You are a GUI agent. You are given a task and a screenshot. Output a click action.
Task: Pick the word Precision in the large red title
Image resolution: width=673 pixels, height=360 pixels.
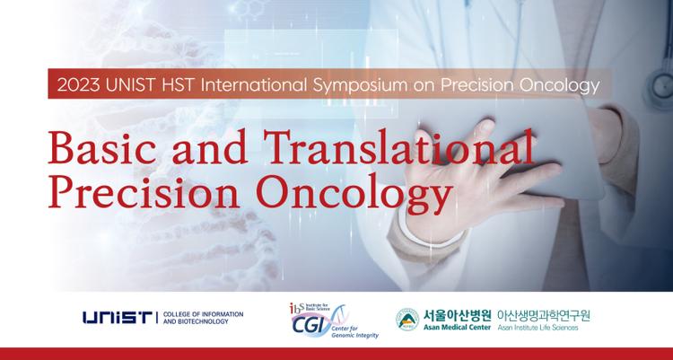pos(143,192)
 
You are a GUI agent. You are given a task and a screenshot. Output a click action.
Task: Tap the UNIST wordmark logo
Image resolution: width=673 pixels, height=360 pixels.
pos(118,318)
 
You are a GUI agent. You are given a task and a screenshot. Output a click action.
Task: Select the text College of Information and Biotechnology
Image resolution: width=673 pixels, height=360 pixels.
pos(205,318)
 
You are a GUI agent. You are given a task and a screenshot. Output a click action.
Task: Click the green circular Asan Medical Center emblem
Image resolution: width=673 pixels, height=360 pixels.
pos(407,318)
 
